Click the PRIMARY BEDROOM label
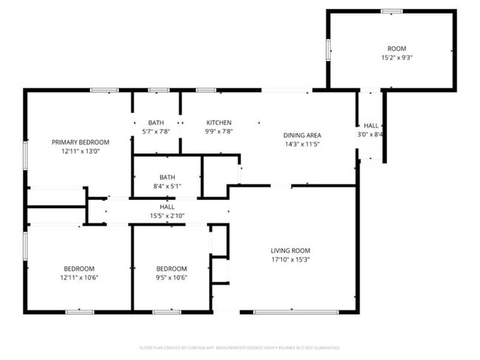(80, 142)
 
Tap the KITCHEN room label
(219, 122)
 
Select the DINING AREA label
(302, 135)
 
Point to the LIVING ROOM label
(289, 251)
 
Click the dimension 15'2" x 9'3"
(391, 57)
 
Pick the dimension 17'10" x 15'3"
(289, 260)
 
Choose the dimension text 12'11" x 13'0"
(80, 150)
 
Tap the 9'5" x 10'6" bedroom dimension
(171, 277)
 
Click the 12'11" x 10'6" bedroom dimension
(79, 277)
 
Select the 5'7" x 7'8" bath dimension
(156, 131)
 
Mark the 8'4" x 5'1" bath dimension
(167, 186)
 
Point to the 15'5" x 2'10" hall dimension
(167, 215)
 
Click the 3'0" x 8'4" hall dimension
(371, 134)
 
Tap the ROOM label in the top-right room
(391, 48)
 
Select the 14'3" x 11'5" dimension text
(302, 144)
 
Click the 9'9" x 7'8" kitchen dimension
(219, 131)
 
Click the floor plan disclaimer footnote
(239, 347)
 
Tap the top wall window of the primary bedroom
(104, 90)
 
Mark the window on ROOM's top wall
(391, 11)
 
